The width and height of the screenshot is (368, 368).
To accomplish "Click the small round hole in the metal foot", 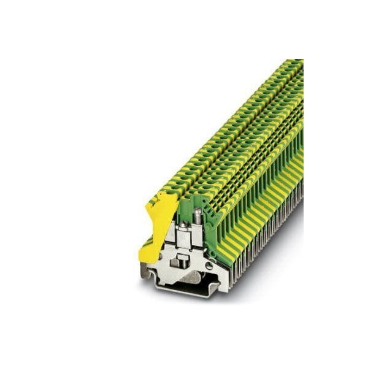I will tap(209, 266).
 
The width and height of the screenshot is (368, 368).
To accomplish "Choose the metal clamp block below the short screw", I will tap(183, 242).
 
